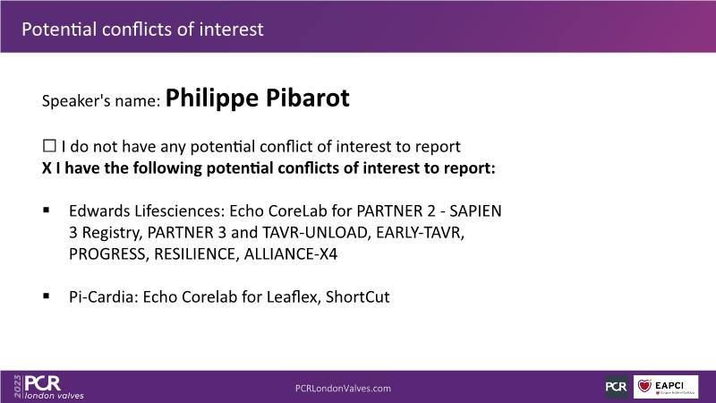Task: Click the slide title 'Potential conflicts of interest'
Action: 142,30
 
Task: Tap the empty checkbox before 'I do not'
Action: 49,146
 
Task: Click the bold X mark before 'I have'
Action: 47,168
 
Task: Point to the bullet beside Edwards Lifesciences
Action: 47,210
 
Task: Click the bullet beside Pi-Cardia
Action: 47,296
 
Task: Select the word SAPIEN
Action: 475,211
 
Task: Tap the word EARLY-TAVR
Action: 420,233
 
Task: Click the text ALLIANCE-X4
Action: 291,254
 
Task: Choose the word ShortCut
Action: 357,297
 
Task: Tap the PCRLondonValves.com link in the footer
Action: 343,389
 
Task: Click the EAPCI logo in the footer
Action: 666,387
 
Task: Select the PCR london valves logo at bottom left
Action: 54,387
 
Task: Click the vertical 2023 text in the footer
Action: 17,386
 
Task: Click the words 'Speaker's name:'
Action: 101,100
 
